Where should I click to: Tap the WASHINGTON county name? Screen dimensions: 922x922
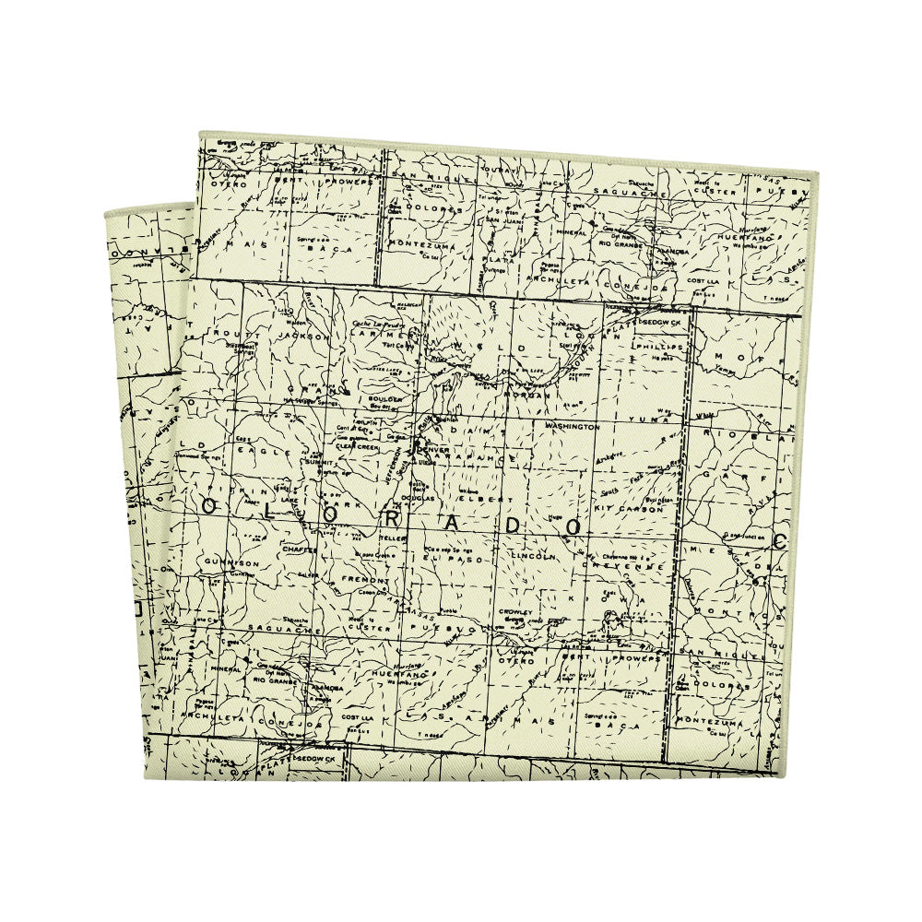(x=573, y=427)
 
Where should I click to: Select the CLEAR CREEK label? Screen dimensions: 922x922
(x=359, y=446)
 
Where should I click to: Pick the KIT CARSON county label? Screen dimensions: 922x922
(x=629, y=508)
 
